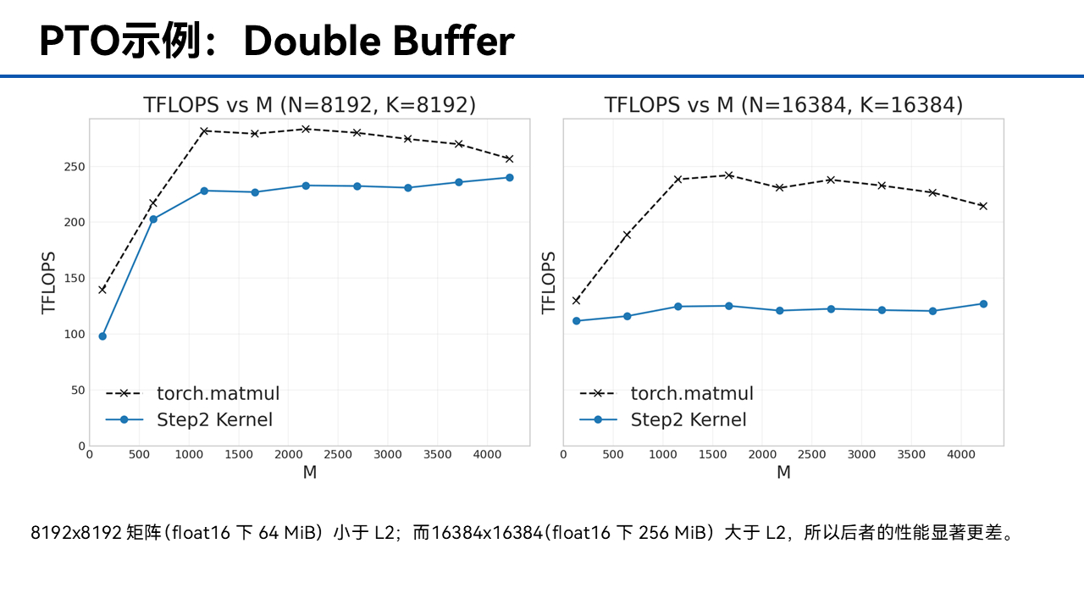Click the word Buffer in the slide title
click(x=453, y=41)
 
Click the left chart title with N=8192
click(x=310, y=105)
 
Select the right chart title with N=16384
click(x=783, y=105)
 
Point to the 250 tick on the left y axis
click(x=75, y=167)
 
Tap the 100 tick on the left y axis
click(x=75, y=335)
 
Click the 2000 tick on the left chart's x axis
click(x=289, y=455)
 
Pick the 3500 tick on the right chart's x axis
click(x=911, y=455)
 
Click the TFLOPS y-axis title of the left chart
click(x=49, y=283)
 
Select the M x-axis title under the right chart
click(x=783, y=472)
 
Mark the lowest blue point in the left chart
click(x=102, y=336)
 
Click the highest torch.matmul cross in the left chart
click(x=306, y=130)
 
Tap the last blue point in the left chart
click(x=510, y=178)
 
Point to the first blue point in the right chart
click(x=577, y=321)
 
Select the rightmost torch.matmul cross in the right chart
click(x=983, y=206)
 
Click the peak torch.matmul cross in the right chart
click(x=729, y=175)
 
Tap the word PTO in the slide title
click(x=80, y=41)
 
